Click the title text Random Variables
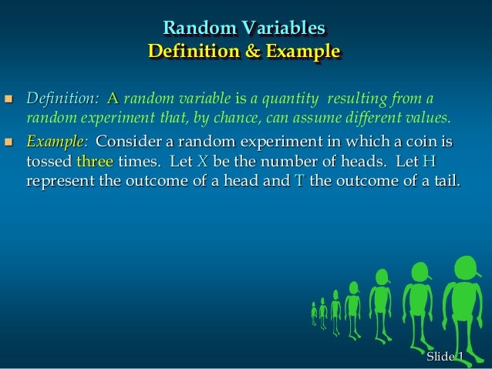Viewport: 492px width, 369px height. (244, 29)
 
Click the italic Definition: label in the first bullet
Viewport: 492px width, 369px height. (62, 99)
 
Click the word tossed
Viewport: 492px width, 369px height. (49, 163)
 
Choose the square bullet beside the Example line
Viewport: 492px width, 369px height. (9, 143)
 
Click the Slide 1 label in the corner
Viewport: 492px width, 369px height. (445, 356)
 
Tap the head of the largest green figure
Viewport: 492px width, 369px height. (467, 269)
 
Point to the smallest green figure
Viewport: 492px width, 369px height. (314, 311)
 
